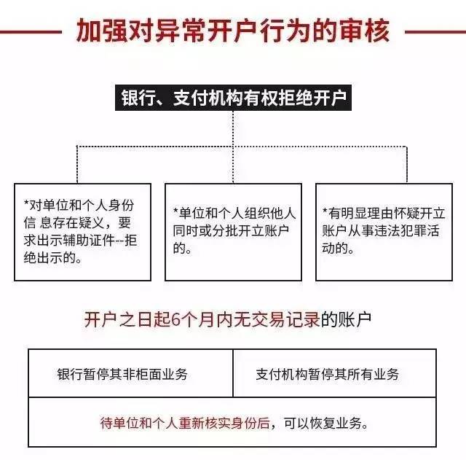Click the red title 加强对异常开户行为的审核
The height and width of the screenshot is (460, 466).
tap(233, 31)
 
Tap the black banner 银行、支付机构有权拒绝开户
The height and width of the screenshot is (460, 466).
tap(233, 98)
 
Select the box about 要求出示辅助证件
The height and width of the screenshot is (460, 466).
tap(82, 232)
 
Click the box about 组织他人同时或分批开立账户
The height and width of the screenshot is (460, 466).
tap(233, 232)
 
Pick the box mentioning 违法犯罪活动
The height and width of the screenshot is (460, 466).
tap(384, 232)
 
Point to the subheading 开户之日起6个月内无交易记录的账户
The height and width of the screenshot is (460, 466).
tap(228, 319)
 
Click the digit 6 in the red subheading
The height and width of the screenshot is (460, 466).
tap(176, 320)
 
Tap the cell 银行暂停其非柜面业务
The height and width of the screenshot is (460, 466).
tap(131, 373)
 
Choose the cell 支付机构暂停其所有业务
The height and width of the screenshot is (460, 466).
tap(335, 373)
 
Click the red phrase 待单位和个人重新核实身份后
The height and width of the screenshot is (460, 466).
tap(185, 423)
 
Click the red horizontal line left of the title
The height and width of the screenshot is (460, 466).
tap(31, 31)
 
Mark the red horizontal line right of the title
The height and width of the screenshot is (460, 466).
tap(435, 31)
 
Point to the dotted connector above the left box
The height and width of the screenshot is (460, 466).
tap(77, 164)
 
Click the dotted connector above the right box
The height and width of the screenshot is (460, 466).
tap(406, 164)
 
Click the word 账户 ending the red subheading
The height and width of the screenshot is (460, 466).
tap(355, 319)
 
